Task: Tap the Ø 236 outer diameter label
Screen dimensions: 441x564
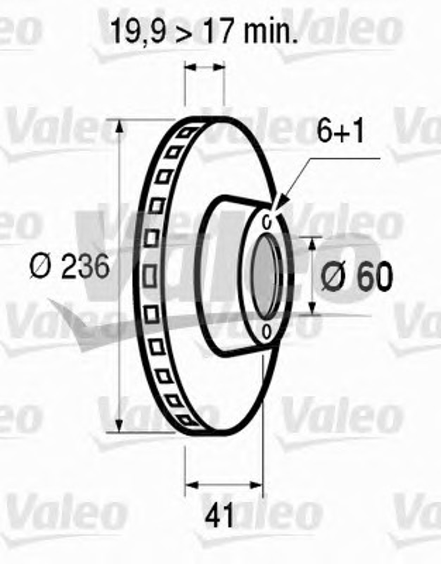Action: click(69, 266)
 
